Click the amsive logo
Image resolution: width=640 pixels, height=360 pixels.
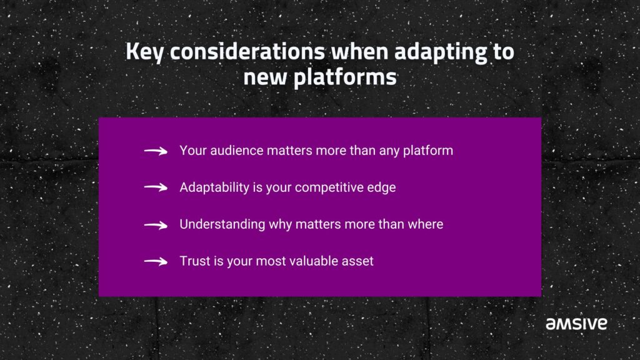click(x=576, y=324)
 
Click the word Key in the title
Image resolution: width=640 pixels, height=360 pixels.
click(x=144, y=52)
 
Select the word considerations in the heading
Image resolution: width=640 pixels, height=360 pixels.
click(x=247, y=51)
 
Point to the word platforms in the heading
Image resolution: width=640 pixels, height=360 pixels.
click(x=345, y=77)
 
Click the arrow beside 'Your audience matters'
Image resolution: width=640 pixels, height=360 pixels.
click(x=156, y=151)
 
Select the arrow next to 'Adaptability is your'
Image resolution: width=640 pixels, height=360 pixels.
click(x=156, y=187)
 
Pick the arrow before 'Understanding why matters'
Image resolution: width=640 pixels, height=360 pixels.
click(x=156, y=225)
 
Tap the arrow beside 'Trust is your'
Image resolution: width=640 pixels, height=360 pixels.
click(x=156, y=261)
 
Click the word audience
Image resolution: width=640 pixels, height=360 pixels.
click(x=237, y=151)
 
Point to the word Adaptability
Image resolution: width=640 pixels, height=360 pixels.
click(x=214, y=187)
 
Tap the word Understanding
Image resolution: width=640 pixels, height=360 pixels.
click(x=222, y=224)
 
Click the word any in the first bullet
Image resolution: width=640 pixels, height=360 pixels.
click(x=389, y=152)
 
